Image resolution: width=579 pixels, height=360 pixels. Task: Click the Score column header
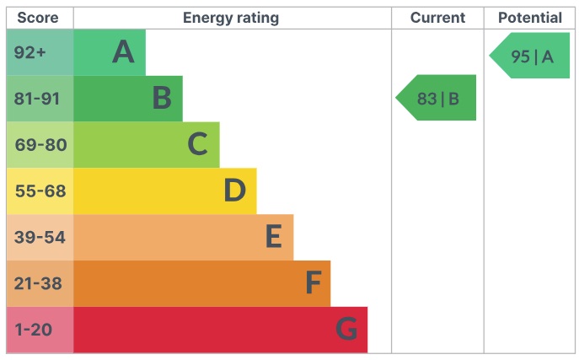(x=39, y=18)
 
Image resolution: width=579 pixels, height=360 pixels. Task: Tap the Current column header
(x=437, y=18)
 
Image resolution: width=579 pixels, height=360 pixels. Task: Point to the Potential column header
(x=529, y=18)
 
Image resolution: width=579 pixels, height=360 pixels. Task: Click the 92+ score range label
(x=30, y=52)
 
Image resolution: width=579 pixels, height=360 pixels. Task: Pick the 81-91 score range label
(x=37, y=99)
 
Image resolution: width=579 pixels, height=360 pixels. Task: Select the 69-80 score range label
(x=40, y=145)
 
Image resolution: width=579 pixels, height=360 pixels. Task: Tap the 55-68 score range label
(x=40, y=191)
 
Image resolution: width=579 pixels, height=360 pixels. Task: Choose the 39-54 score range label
(x=40, y=238)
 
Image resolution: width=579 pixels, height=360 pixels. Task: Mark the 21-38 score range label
(x=38, y=284)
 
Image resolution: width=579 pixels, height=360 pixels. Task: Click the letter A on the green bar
(x=124, y=52)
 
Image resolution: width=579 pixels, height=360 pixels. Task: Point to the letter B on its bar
(x=162, y=99)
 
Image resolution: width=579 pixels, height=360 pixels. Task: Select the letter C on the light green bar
(x=197, y=145)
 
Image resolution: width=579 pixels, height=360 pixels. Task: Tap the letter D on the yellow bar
(x=234, y=191)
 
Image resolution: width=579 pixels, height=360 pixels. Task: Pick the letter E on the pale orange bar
(x=273, y=238)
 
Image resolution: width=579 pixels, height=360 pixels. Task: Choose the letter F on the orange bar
(x=313, y=284)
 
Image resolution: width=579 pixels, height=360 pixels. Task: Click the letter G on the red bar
(x=346, y=330)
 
